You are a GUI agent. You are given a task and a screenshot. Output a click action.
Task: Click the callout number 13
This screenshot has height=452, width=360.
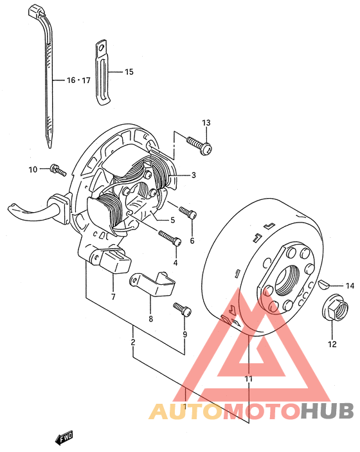pos(206,123)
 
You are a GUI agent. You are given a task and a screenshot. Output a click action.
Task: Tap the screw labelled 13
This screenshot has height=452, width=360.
pos(199,145)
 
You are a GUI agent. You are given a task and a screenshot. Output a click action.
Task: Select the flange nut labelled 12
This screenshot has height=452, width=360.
pos(335,310)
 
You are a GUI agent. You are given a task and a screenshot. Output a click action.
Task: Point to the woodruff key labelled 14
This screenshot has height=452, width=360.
pos(323,284)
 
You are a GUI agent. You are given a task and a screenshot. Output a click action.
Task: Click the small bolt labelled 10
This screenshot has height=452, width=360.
pos(58,170)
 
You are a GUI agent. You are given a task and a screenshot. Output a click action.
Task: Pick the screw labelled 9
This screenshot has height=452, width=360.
pos(183,309)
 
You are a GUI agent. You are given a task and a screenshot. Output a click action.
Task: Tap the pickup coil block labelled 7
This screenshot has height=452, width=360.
pos(111,260)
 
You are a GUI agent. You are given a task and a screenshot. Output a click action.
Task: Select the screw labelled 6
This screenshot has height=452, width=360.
pos(188,213)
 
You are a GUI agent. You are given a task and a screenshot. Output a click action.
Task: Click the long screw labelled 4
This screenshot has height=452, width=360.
pos(170,238)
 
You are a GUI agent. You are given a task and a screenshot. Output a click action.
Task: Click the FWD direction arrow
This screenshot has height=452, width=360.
pos(64,438)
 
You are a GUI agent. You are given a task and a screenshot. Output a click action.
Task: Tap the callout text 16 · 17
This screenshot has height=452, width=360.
pos(78,80)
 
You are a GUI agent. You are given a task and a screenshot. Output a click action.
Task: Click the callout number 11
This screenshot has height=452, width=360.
pos(248,379)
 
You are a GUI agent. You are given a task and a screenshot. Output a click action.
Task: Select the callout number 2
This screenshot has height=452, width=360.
pos(133,342)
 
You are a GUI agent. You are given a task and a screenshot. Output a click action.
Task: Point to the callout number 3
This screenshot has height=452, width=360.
pos(194,175)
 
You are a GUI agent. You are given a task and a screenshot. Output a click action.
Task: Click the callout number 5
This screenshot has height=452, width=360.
pos(173,221)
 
